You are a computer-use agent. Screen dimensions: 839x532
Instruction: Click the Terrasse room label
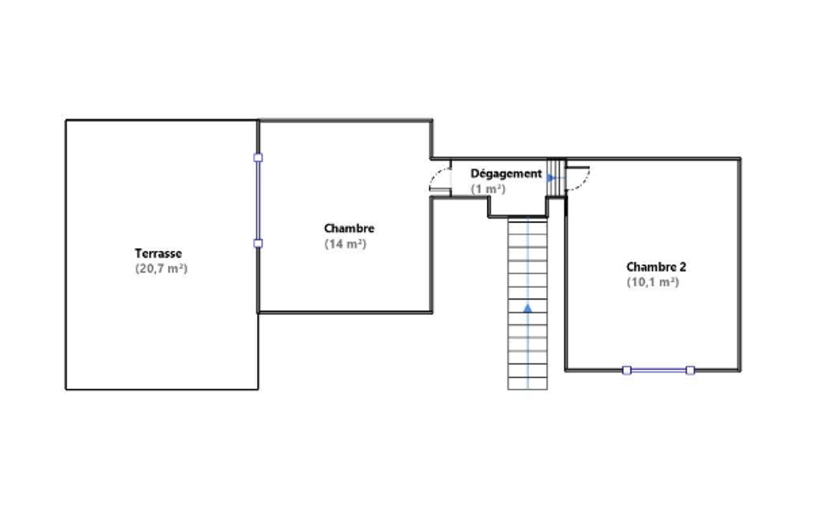click(158, 253)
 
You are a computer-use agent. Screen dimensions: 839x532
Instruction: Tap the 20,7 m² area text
click(161, 268)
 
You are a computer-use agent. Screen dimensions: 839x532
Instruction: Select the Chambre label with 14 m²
click(349, 228)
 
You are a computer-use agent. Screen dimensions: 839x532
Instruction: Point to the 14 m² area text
click(345, 244)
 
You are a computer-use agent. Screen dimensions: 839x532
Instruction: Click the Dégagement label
click(506, 174)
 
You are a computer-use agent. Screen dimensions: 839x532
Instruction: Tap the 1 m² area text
click(488, 189)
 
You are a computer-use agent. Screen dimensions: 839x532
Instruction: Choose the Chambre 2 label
click(656, 267)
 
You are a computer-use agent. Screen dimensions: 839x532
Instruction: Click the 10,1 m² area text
click(653, 282)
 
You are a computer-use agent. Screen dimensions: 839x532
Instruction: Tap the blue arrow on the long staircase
click(528, 309)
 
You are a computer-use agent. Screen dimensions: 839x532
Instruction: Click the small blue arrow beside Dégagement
click(551, 178)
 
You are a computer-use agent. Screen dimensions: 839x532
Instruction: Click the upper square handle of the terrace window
click(258, 158)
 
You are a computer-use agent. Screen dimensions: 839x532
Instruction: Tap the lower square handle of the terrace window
click(258, 244)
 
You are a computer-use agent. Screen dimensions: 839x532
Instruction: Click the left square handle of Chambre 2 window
click(626, 370)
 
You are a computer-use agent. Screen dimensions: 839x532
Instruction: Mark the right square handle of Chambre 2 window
click(690, 370)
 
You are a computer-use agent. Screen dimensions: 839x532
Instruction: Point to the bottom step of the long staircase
click(528, 383)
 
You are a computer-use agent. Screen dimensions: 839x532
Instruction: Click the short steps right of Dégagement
click(556, 178)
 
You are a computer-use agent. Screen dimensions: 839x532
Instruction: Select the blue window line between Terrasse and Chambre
click(258, 201)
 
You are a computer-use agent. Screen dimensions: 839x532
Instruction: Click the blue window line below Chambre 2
click(658, 370)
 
